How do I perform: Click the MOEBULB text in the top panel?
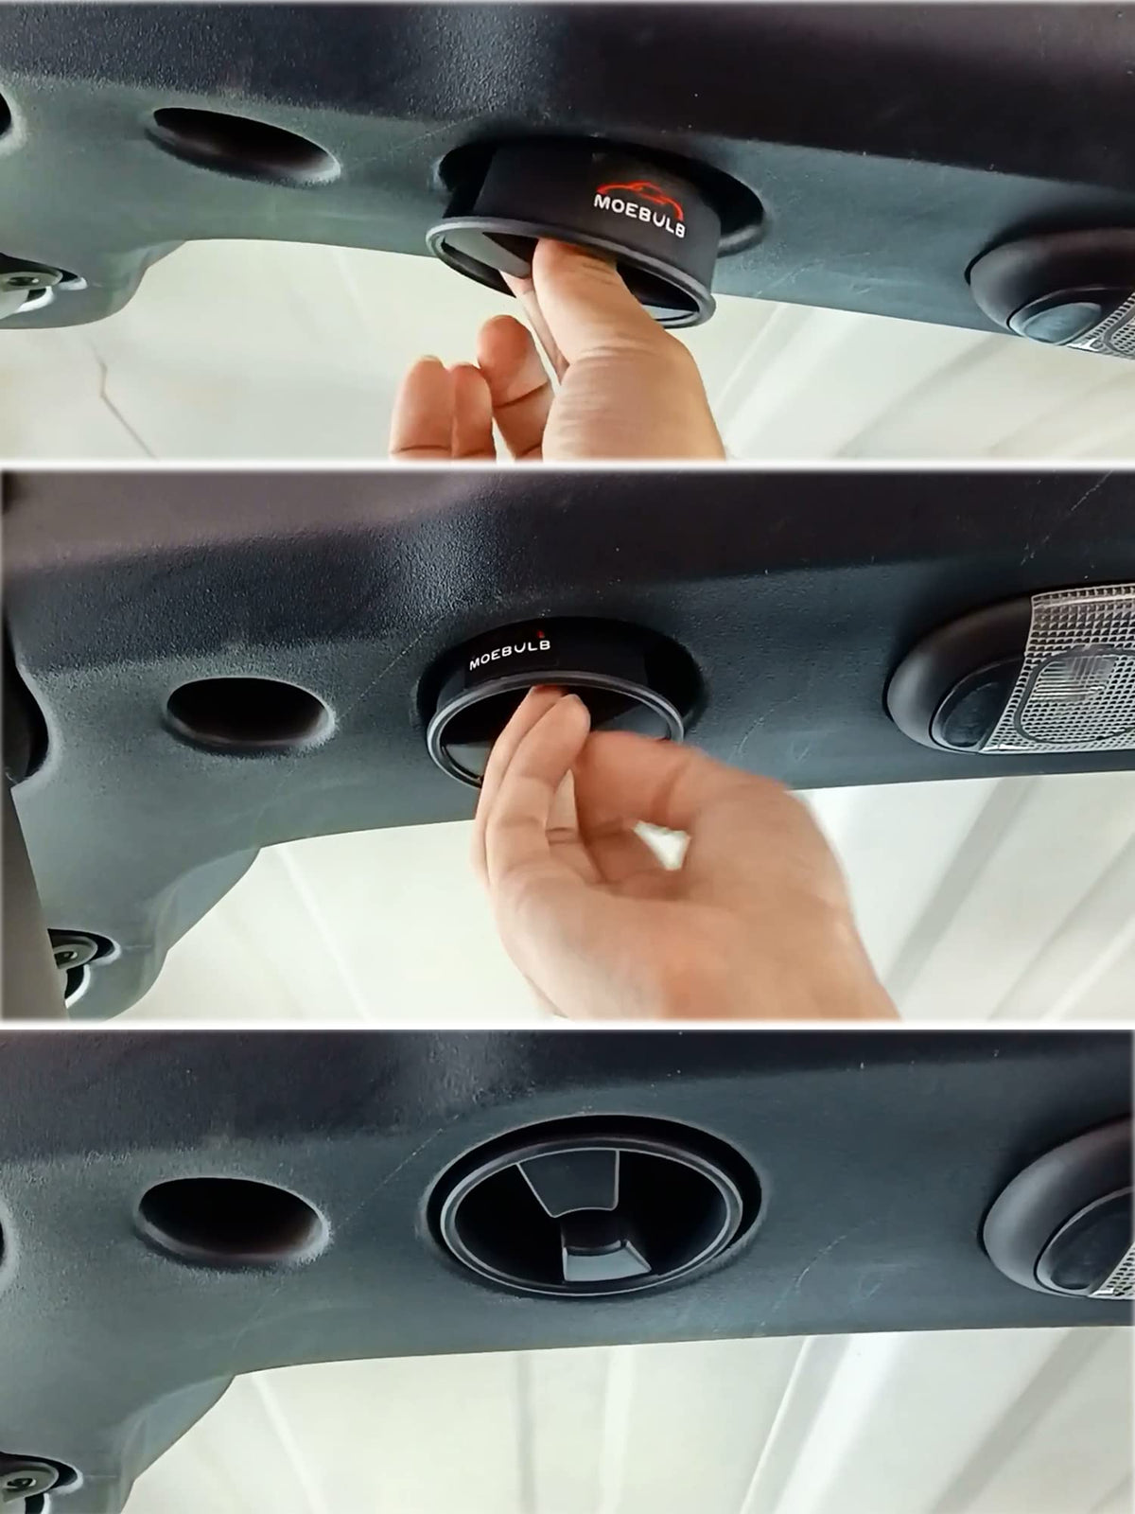640,216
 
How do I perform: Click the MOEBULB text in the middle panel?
509,654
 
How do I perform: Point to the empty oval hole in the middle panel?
248,713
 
